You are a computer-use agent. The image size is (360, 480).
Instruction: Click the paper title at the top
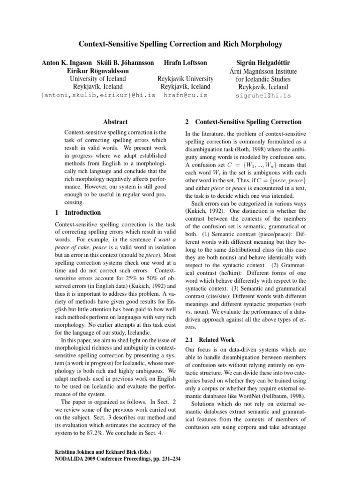pyautogui.click(x=180, y=45)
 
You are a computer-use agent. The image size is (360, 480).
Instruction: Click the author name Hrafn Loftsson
pyautogui.click(x=186, y=62)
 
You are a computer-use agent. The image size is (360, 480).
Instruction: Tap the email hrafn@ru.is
pyautogui.click(x=186, y=95)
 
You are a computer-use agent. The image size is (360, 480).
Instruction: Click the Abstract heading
pyautogui.click(x=116, y=122)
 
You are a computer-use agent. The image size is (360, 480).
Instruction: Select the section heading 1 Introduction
pyautogui.click(x=75, y=213)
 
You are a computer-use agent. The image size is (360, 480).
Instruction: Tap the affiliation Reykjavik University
pyautogui.click(x=186, y=79)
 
